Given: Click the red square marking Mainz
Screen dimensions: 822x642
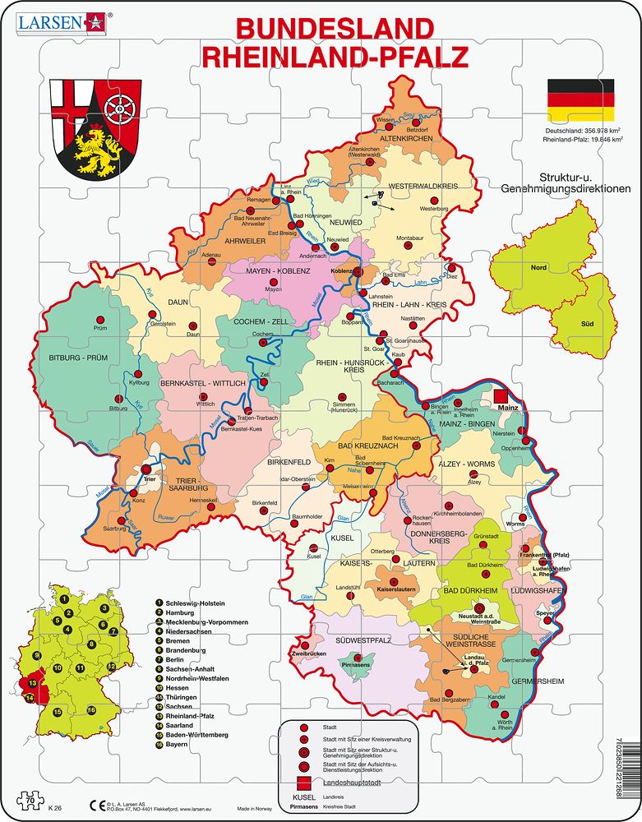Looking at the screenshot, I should (501, 398).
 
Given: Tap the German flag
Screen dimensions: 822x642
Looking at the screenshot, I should (580, 99).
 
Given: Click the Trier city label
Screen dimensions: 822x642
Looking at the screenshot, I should (149, 476).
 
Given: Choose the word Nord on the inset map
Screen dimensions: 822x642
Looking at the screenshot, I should (538, 268).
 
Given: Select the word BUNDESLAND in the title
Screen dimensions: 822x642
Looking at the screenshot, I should (335, 29).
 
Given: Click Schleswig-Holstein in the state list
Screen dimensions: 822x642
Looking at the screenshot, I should (201, 602).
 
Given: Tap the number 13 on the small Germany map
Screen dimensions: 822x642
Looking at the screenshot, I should (32, 683).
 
